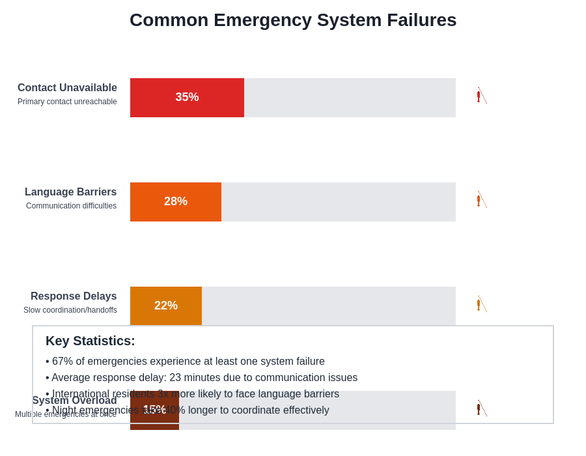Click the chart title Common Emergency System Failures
293,20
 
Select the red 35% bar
187,98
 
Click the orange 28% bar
176,202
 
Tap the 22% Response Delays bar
166,306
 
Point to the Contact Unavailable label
67,88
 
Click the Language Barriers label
70,192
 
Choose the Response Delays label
74,296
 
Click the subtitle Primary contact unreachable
67,102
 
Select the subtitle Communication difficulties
71,206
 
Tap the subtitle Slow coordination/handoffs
70,310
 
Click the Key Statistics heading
91,341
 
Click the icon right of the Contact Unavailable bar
481,96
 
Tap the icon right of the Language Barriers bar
481,200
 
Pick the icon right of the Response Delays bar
481,304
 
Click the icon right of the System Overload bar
481,408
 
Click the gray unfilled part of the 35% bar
350,98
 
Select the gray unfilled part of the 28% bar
339,202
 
